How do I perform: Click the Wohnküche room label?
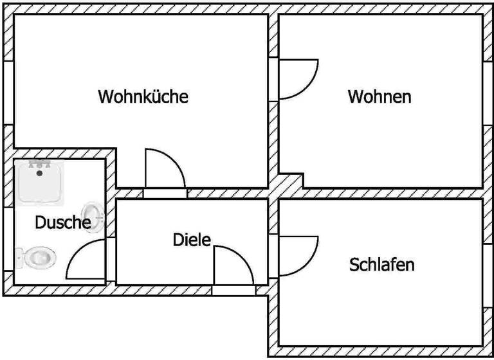(x=143, y=96)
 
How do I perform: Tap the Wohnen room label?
(x=380, y=97)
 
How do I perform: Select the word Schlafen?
(x=381, y=264)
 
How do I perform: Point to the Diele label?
(x=192, y=240)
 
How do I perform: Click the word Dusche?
(x=62, y=223)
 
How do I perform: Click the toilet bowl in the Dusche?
(x=41, y=258)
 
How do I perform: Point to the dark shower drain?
(x=40, y=173)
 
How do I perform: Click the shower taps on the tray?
(x=40, y=164)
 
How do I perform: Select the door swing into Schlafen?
(x=297, y=254)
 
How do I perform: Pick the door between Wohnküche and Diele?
(x=165, y=170)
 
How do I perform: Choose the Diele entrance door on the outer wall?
(x=233, y=267)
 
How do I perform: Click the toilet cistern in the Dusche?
(x=20, y=258)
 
